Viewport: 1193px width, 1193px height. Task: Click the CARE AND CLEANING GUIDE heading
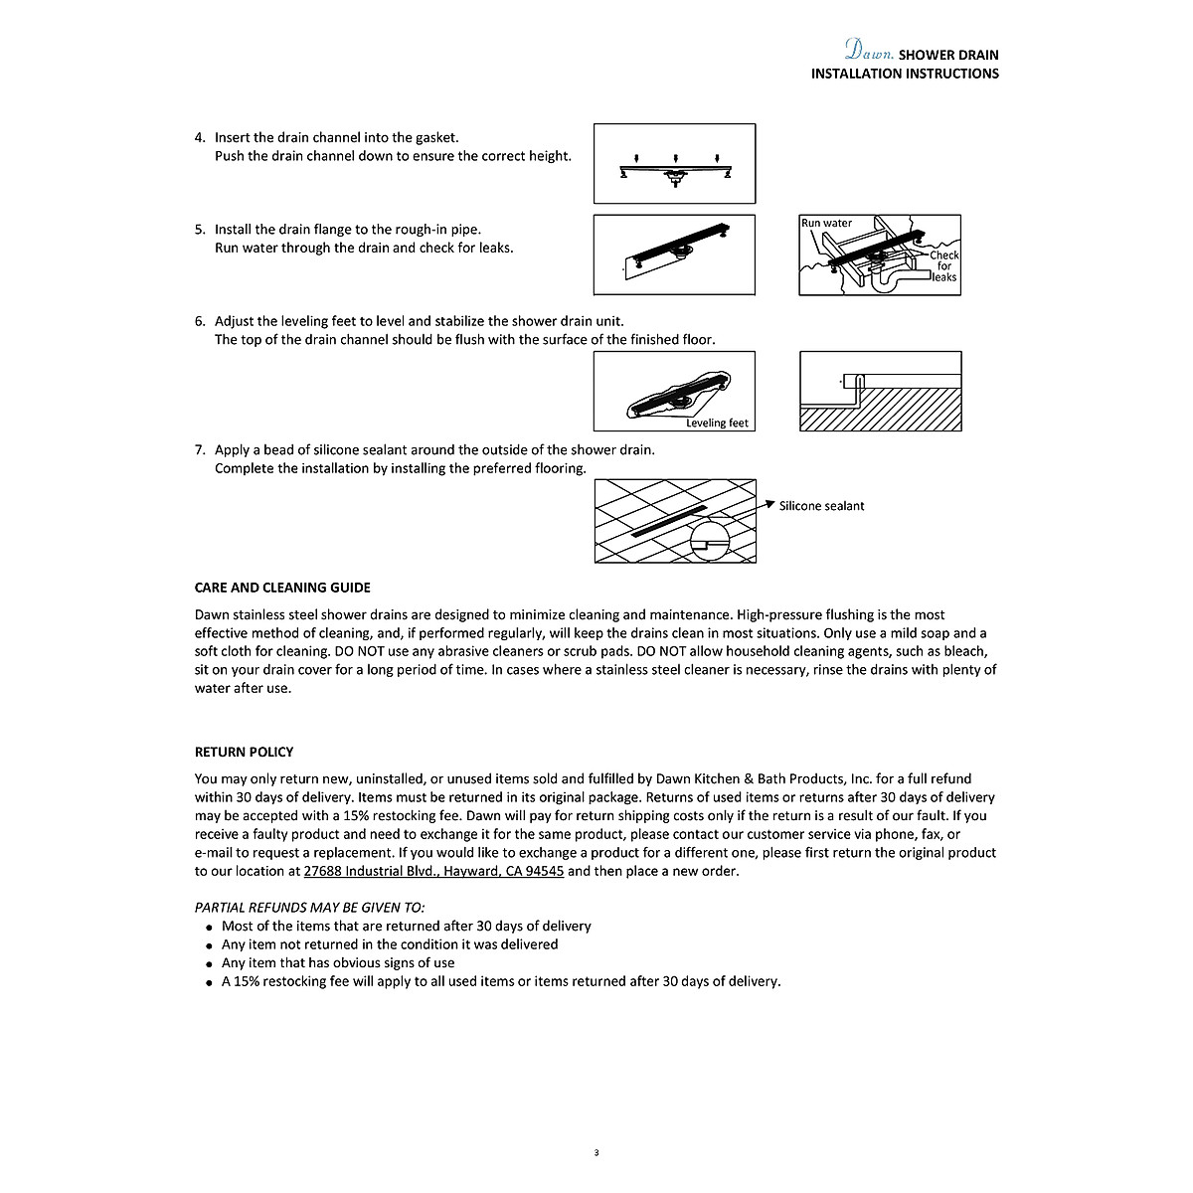282,588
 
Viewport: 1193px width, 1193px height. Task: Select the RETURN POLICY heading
244,752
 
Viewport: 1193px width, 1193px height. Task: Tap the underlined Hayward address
433,871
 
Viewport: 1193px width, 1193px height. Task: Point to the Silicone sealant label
821,506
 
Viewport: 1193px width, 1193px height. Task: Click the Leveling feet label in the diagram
717,423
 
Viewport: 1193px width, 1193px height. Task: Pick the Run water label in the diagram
826,223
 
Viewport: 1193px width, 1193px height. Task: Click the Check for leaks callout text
943,265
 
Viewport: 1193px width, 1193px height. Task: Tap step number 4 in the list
200,137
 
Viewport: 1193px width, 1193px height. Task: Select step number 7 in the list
200,449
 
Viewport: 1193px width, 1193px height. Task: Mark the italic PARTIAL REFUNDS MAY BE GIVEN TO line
309,907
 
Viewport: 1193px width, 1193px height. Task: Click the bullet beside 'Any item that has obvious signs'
209,964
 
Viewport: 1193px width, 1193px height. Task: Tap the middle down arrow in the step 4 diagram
675,158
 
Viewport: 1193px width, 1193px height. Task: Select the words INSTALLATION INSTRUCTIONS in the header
905,74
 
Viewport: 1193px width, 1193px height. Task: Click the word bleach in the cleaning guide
965,651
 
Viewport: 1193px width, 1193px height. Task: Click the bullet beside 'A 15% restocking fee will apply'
209,982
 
